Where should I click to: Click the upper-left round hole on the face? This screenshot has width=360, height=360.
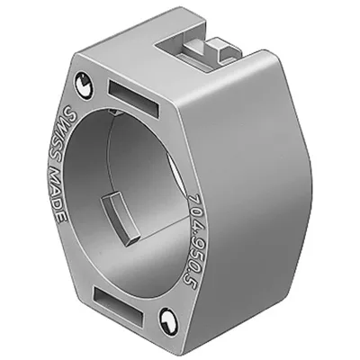pyautogui.click(x=85, y=85)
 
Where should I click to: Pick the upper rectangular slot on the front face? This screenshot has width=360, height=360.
pyautogui.click(x=132, y=98)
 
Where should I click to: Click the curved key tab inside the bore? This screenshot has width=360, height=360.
pyautogui.click(x=121, y=220)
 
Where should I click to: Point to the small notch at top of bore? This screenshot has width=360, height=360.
pyautogui.click(x=115, y=112)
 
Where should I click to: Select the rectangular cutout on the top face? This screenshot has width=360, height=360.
pyautogui.click(x=198, y=54)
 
